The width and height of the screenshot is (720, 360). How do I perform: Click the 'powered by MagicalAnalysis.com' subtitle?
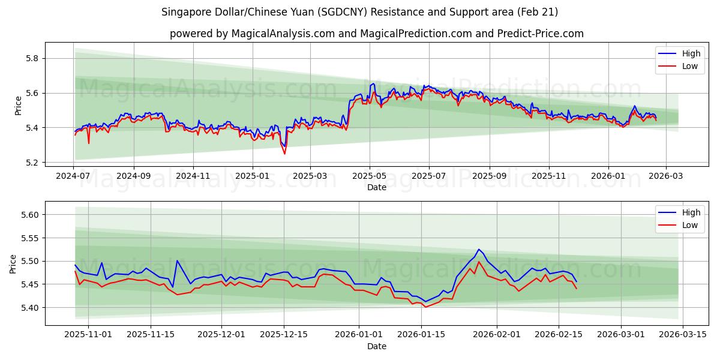tap(376, 34)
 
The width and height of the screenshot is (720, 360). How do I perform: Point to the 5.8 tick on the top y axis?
tap(31, 59)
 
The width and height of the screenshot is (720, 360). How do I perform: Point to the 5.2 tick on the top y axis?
tap(31, 163)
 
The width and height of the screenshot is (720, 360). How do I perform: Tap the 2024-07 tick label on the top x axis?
tap(73, 176)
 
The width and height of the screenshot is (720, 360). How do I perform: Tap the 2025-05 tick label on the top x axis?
tap(369, 176)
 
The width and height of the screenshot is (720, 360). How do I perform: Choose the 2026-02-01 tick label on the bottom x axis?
tap(497, 335)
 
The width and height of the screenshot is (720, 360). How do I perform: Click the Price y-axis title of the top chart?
tap(18, 106)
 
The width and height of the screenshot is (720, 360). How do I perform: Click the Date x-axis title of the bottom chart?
tap(376, 346)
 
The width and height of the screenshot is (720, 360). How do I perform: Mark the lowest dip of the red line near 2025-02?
tap(284, 154)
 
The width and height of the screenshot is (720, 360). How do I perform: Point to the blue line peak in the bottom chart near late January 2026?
tap(478, 250)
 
